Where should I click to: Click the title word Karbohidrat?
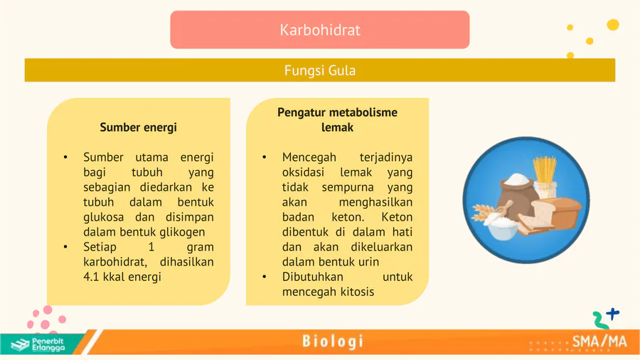[x=320, y=30]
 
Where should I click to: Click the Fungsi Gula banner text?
[x=320, y=70]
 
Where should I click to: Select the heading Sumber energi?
[x=139, y=127]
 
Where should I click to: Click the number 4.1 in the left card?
[x=91, y=277]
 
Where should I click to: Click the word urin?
[x=368, y=262]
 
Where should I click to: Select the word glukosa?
[x=103, y=217]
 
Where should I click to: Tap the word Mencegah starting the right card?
[x=309, y=157]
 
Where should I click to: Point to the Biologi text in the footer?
[x=333, y=342]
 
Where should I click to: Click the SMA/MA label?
[x=599, y=342]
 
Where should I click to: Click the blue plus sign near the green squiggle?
[x=613, y=314]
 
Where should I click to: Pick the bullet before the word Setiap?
[x=65, y=247]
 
